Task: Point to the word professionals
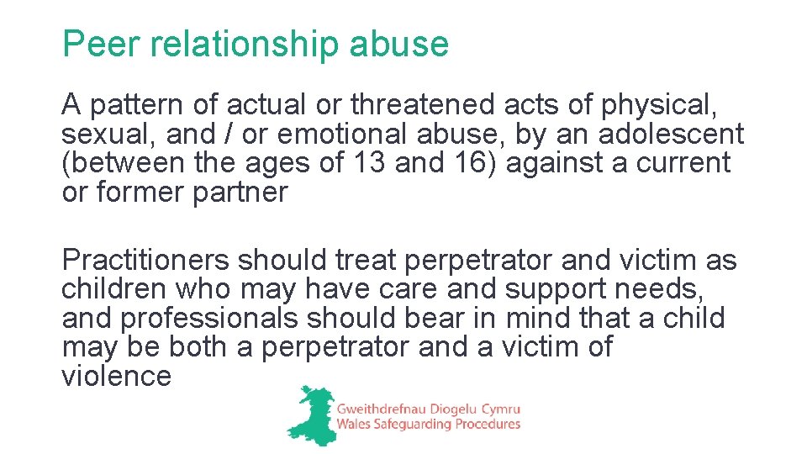[x=208, y=319]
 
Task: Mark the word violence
[x=116, y=375]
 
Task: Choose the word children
[x=114, y=289]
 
